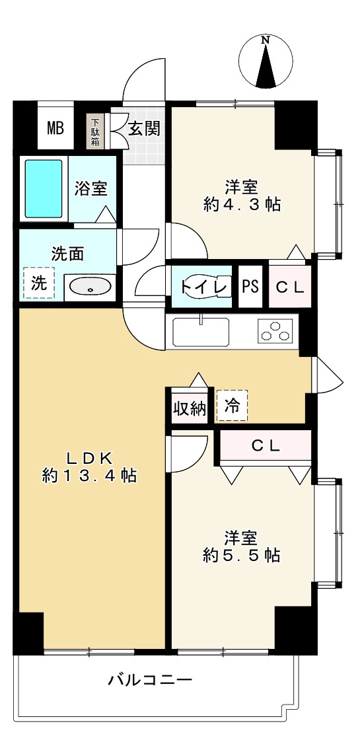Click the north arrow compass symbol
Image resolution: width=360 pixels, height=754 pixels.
(266, 63)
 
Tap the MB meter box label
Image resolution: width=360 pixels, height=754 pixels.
(55, 128)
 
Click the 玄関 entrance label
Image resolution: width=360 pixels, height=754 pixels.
(144, 129)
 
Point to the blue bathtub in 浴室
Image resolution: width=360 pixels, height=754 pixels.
(44, 188)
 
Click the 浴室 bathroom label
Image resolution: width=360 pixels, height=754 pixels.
(90, 188)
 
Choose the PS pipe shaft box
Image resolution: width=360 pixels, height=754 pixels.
(250, 287)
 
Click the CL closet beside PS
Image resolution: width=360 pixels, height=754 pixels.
(290, 287)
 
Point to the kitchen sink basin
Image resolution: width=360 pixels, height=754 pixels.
(201, 332)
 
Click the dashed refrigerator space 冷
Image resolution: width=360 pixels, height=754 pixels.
(232, 405)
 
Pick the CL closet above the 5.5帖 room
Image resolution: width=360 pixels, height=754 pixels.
(266, 446)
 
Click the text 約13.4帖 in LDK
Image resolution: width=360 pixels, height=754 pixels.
(89, 476)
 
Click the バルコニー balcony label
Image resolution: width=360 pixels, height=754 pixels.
(151, 681)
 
